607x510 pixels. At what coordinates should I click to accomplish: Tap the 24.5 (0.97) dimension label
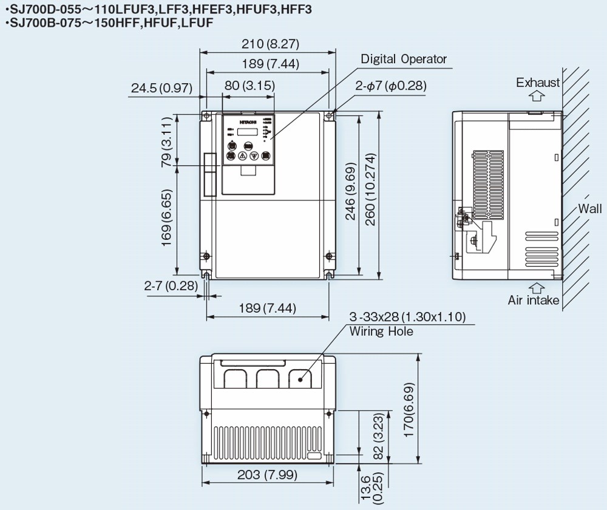[x=161, y=89]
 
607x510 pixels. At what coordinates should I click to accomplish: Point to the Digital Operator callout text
[x=404, y=59]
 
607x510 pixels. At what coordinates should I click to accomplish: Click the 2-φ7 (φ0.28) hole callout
[x=391, y=86]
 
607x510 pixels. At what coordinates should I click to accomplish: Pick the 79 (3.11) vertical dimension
[x=166, y=141]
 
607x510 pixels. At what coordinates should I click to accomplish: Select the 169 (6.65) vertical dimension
[x=166, y=217]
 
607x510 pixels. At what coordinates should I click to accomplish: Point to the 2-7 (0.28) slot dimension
[x=171, y=285]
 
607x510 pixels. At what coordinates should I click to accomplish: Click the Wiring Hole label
[x=381, y=331]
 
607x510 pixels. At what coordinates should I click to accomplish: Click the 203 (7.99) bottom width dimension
[x=267, y=474]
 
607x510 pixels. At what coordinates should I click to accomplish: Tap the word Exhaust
[x=538, y=83]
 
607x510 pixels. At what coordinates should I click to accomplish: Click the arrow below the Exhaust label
[x=536, y=95]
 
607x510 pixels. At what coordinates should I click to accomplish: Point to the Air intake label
[x=534, y=300]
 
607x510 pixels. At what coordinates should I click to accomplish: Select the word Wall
[x=589, y=209]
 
